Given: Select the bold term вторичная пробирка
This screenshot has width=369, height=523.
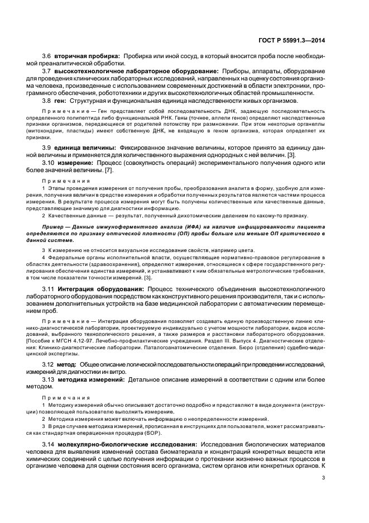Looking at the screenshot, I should (87, 57).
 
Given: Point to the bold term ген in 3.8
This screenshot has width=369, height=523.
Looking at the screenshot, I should (60, 101).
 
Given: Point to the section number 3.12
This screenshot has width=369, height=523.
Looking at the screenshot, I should (49, 364).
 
